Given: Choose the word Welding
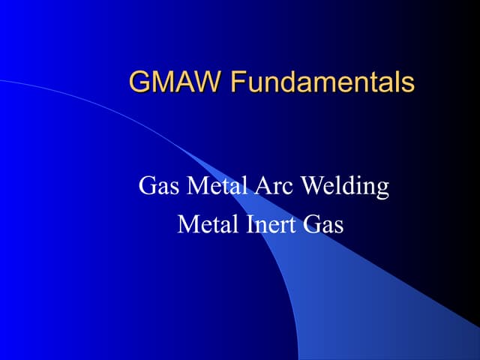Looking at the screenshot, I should coord(344,186).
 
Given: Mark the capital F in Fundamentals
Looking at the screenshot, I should coord(238,81).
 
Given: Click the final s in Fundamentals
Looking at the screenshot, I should coord(407,82).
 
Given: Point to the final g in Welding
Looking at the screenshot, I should coord(381,189).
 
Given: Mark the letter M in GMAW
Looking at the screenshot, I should coord(163,81).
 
